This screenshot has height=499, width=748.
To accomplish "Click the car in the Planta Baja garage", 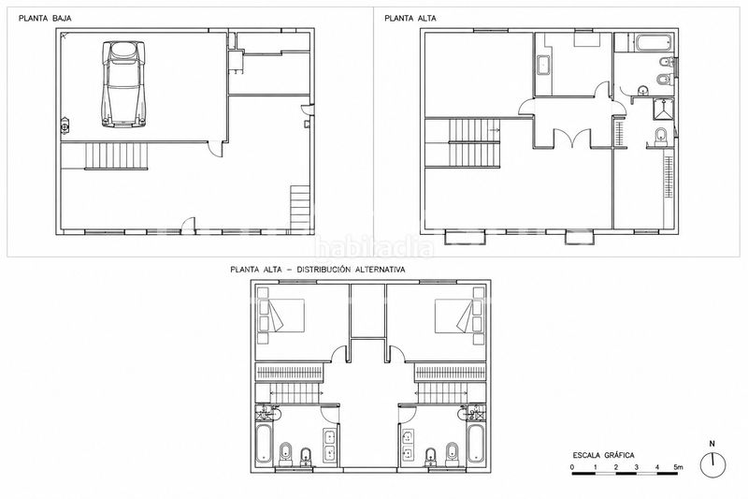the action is [123, 84].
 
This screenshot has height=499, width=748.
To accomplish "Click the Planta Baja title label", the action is [45, 19].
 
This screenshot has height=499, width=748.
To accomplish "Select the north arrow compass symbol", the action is [712, 461].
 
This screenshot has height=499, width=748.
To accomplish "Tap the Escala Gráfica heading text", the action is [603, 455].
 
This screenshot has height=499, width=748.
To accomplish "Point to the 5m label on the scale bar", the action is [678, 466].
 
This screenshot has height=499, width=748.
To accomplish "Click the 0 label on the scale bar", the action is [572, 466].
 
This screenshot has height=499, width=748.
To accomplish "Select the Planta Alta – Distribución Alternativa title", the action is [318, 270].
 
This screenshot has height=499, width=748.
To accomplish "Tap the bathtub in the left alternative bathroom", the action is [264, 444].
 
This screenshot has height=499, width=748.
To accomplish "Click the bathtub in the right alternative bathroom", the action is [476, 444].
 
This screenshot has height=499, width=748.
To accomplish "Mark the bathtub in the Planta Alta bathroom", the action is [654, 42].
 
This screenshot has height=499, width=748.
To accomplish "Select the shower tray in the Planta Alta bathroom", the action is [663, 109].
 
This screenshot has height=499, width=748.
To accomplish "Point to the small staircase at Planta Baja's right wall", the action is [300, 208].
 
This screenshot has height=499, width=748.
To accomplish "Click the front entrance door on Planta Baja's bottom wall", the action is [190, 224].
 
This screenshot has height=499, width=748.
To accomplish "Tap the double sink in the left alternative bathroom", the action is [330, 445].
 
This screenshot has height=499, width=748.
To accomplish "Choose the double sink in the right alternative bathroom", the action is [409, 445].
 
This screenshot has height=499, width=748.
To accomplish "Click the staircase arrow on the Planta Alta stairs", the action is [495, 130].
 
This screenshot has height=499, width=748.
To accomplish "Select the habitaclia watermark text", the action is [374, 247].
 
